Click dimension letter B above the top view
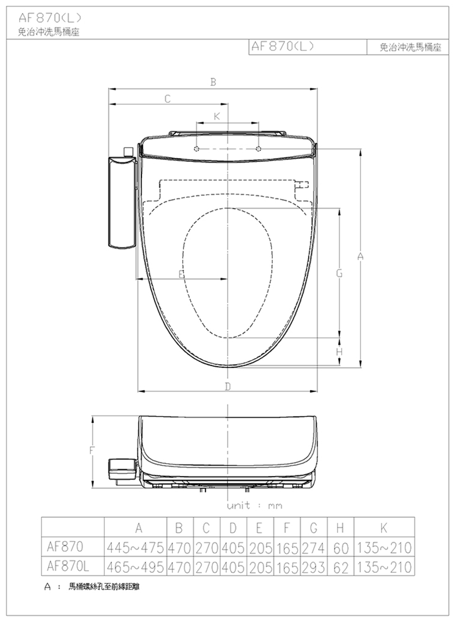(x=213, y=82)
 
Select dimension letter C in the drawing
(x=167, y=99)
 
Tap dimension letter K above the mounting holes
(x=217, y=116)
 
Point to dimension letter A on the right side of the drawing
(x=360, y=256)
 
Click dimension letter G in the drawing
(x=339, y=273)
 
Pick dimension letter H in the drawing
(x=339, y=352)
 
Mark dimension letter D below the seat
(x=227, y=386)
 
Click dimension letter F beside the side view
(x=92, y=450)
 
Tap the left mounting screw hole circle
(x=197, y=149)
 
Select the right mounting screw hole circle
(x=258, y=149)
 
